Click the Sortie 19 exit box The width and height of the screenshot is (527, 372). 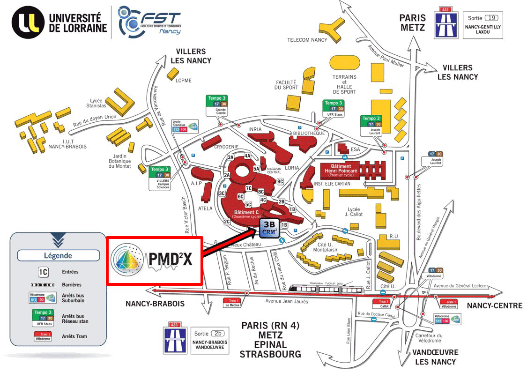482,25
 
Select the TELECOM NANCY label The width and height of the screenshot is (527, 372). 307,40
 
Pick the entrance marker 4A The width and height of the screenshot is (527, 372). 248,156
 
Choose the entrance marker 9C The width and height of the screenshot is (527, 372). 281,181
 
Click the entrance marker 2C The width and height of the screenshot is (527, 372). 227,221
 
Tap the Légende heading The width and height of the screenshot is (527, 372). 58,255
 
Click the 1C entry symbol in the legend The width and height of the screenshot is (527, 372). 43,272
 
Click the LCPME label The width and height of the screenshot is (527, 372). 184,80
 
